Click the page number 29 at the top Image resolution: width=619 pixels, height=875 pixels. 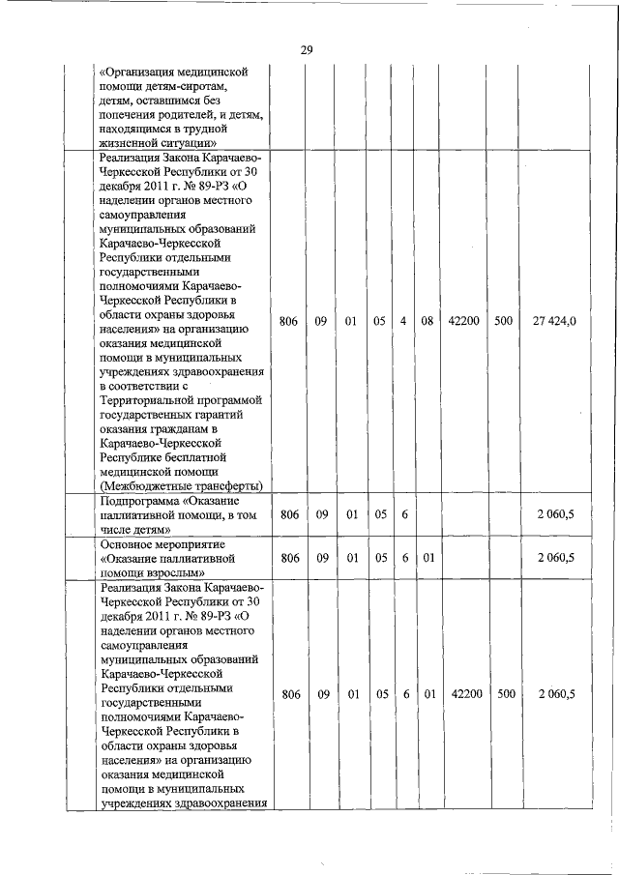[x=307, y=50]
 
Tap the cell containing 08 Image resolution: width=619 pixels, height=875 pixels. [x=427, y=321]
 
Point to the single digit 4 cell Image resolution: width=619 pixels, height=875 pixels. [x=403, y=321]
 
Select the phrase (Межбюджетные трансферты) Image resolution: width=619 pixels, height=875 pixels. [x=183, y=486]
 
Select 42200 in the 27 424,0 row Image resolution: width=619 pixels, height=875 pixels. [x=467, y=321]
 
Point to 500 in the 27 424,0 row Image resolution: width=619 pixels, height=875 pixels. [x=503, y=321]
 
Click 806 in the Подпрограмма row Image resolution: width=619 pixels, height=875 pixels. [x=288, y=514]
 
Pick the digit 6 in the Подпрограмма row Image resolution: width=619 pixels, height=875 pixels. [x=403, y=514]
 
